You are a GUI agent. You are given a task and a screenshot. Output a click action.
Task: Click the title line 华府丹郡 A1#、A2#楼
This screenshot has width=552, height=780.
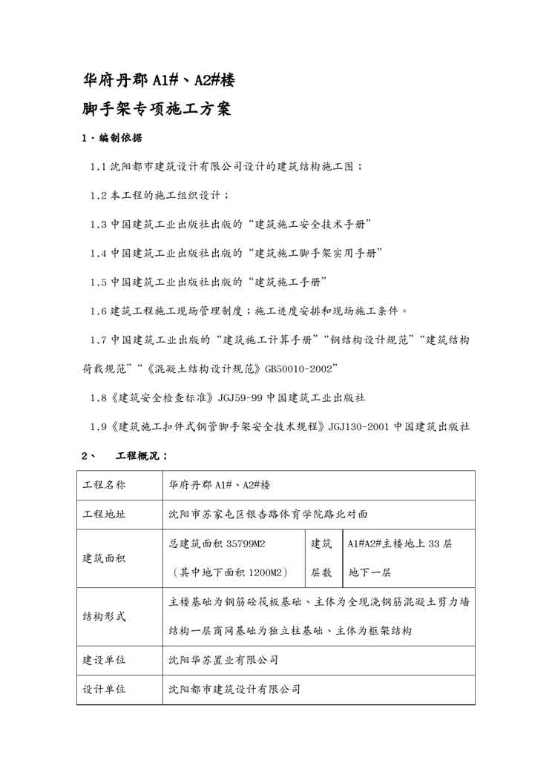[x=160, y=81]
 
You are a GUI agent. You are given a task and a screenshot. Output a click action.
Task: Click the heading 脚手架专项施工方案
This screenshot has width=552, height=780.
[x=157, y=110]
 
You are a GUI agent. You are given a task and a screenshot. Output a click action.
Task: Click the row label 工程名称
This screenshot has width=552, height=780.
[x=104, y=486]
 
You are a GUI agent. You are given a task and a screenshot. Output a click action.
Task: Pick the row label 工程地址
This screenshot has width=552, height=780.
[x=104, y=514]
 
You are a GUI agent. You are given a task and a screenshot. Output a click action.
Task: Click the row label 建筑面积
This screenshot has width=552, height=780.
[x=104, y=558]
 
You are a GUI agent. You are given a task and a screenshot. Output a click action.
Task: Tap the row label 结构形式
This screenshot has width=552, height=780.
[x=104, y=616]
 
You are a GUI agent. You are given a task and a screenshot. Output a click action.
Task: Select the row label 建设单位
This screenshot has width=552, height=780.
[x=104, y=660]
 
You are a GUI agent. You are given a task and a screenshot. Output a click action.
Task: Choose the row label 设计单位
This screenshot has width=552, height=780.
[x=104, y=689]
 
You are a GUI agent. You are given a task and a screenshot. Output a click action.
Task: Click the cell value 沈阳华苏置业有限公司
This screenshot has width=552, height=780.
[x=223, y=660]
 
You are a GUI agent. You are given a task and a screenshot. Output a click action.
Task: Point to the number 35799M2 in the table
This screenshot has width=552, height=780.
[x=243, y=543]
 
